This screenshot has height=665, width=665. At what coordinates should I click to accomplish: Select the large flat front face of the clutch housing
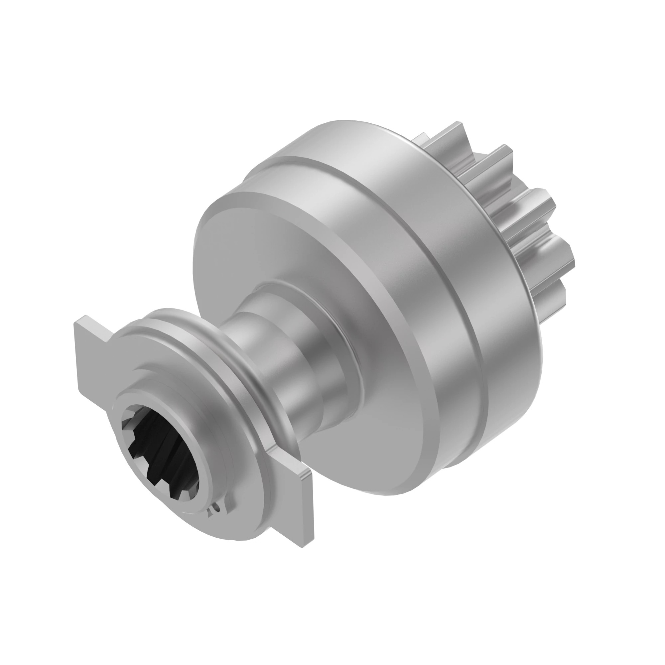click(x=275, y=248)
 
